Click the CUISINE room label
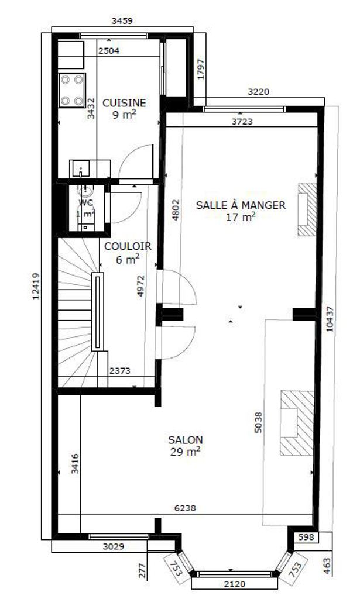[x=124, y=103]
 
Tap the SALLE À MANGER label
[x=241, y=205]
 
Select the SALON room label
[x=186, y=440]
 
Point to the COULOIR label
[x=128, y=246]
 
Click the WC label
[x=85, y=202]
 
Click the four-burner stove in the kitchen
[x=72, y=90]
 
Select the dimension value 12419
[x=36, y=285]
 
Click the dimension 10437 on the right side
[x=330, y=319]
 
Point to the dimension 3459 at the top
[x=122, y=20]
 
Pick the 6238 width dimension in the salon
[x=185, y=508]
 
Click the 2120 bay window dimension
[x=235, y=584]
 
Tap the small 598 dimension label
[x=307, y=538]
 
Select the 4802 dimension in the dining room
[x=176, y=210]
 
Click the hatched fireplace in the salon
[x=297, y=422]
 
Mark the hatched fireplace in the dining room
[x=307, y=209]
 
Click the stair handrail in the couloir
[x=97, y=311]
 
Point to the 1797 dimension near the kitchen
[x=201, y=69]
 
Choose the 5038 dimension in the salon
[x=258, y=422]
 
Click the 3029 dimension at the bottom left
[x=114, y=547]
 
